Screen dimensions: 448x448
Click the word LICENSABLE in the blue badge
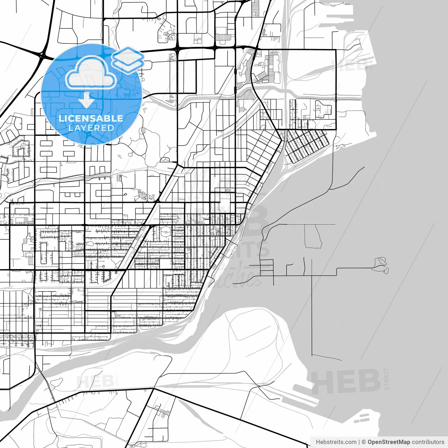pos(91,118)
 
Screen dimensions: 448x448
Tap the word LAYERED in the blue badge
pos(91,128)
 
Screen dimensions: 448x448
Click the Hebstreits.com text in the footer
pos(336,442)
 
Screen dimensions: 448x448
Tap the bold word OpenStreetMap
pos(388,442)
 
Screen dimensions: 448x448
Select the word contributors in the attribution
pos(428,442)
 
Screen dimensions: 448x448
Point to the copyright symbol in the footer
pos(364,442)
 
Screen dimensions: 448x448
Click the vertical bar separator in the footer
pos(359,442)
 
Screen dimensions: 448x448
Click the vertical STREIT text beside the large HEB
pos(386,379)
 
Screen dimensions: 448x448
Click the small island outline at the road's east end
pos(380,265)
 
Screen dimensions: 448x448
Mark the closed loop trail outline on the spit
pos(313,237)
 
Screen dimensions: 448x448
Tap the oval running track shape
pos(166,231)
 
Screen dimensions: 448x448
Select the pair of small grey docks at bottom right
pos(364,417)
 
